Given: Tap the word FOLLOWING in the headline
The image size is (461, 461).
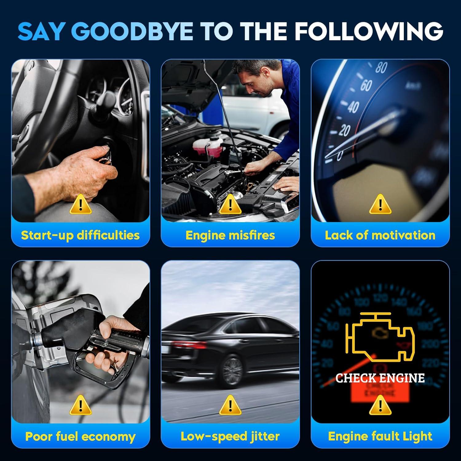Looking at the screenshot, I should click(x=369, y=31).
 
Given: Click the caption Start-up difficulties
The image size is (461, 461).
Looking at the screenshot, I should click(x=80, y=235).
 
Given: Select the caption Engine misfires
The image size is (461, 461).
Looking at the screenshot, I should click(x=230, y=235).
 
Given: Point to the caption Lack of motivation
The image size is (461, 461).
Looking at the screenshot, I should click(x=380, y=235).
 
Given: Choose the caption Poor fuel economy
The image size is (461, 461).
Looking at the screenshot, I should click(x=80, y=436).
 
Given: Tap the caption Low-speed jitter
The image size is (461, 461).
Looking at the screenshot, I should click(x=230, y=436).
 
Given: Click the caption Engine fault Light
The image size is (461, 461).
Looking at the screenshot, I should click(x=380, y=436).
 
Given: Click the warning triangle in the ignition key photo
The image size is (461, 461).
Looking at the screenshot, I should click(x=81, y=204).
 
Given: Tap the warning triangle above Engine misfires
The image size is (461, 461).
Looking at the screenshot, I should click(x=230, y=204).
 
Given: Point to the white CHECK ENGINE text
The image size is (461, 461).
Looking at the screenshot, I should click(x=380, y=378).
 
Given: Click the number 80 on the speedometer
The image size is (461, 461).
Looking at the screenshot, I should click(x=381, y=68).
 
